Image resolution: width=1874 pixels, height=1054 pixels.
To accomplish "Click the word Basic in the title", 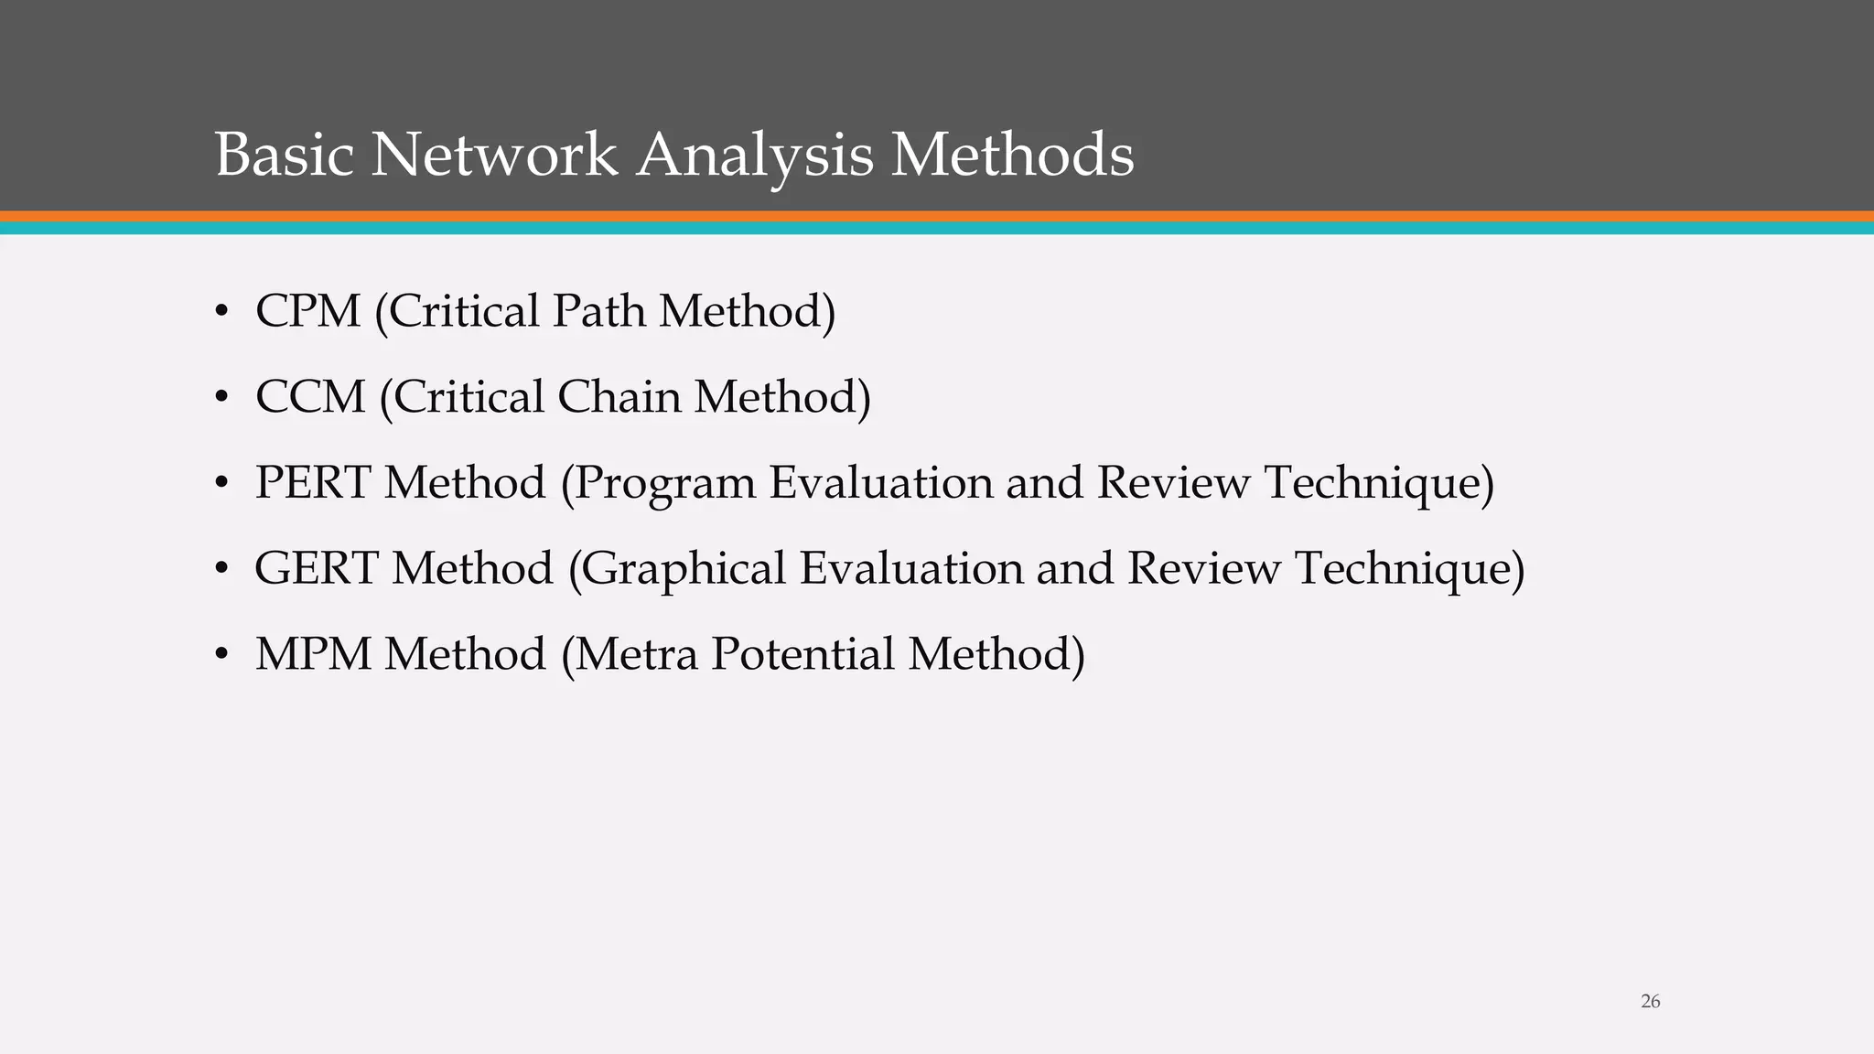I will pyautogui.click(x=284, y=155).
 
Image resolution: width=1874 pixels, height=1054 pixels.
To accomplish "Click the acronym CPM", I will pyautogui.click(x=307, y=311).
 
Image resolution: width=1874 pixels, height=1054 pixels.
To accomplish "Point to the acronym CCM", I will pyautogui.click(x=309, y=397).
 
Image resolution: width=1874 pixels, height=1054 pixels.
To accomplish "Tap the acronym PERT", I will pyautogui.click(x=312, y=482).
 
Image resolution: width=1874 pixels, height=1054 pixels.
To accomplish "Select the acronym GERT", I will pyautogui.click(x=316, y=568).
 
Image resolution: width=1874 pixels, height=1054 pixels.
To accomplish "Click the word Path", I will pyautogui.click(x=598, y=311).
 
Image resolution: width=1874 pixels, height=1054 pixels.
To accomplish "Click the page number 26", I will pyautogui.click(x=1650, y=1002).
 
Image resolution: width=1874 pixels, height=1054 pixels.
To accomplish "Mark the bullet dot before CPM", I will pyautogui.click(x=221, y=313).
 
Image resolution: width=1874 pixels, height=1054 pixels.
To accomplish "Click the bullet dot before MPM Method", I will pyautogui.click(x=221, y=656).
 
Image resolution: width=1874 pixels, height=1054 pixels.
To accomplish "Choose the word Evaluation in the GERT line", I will pyautogui.click(x=911, y=568).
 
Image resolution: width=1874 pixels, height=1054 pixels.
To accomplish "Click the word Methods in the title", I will pyautogui.click(x=1012, y=155).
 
